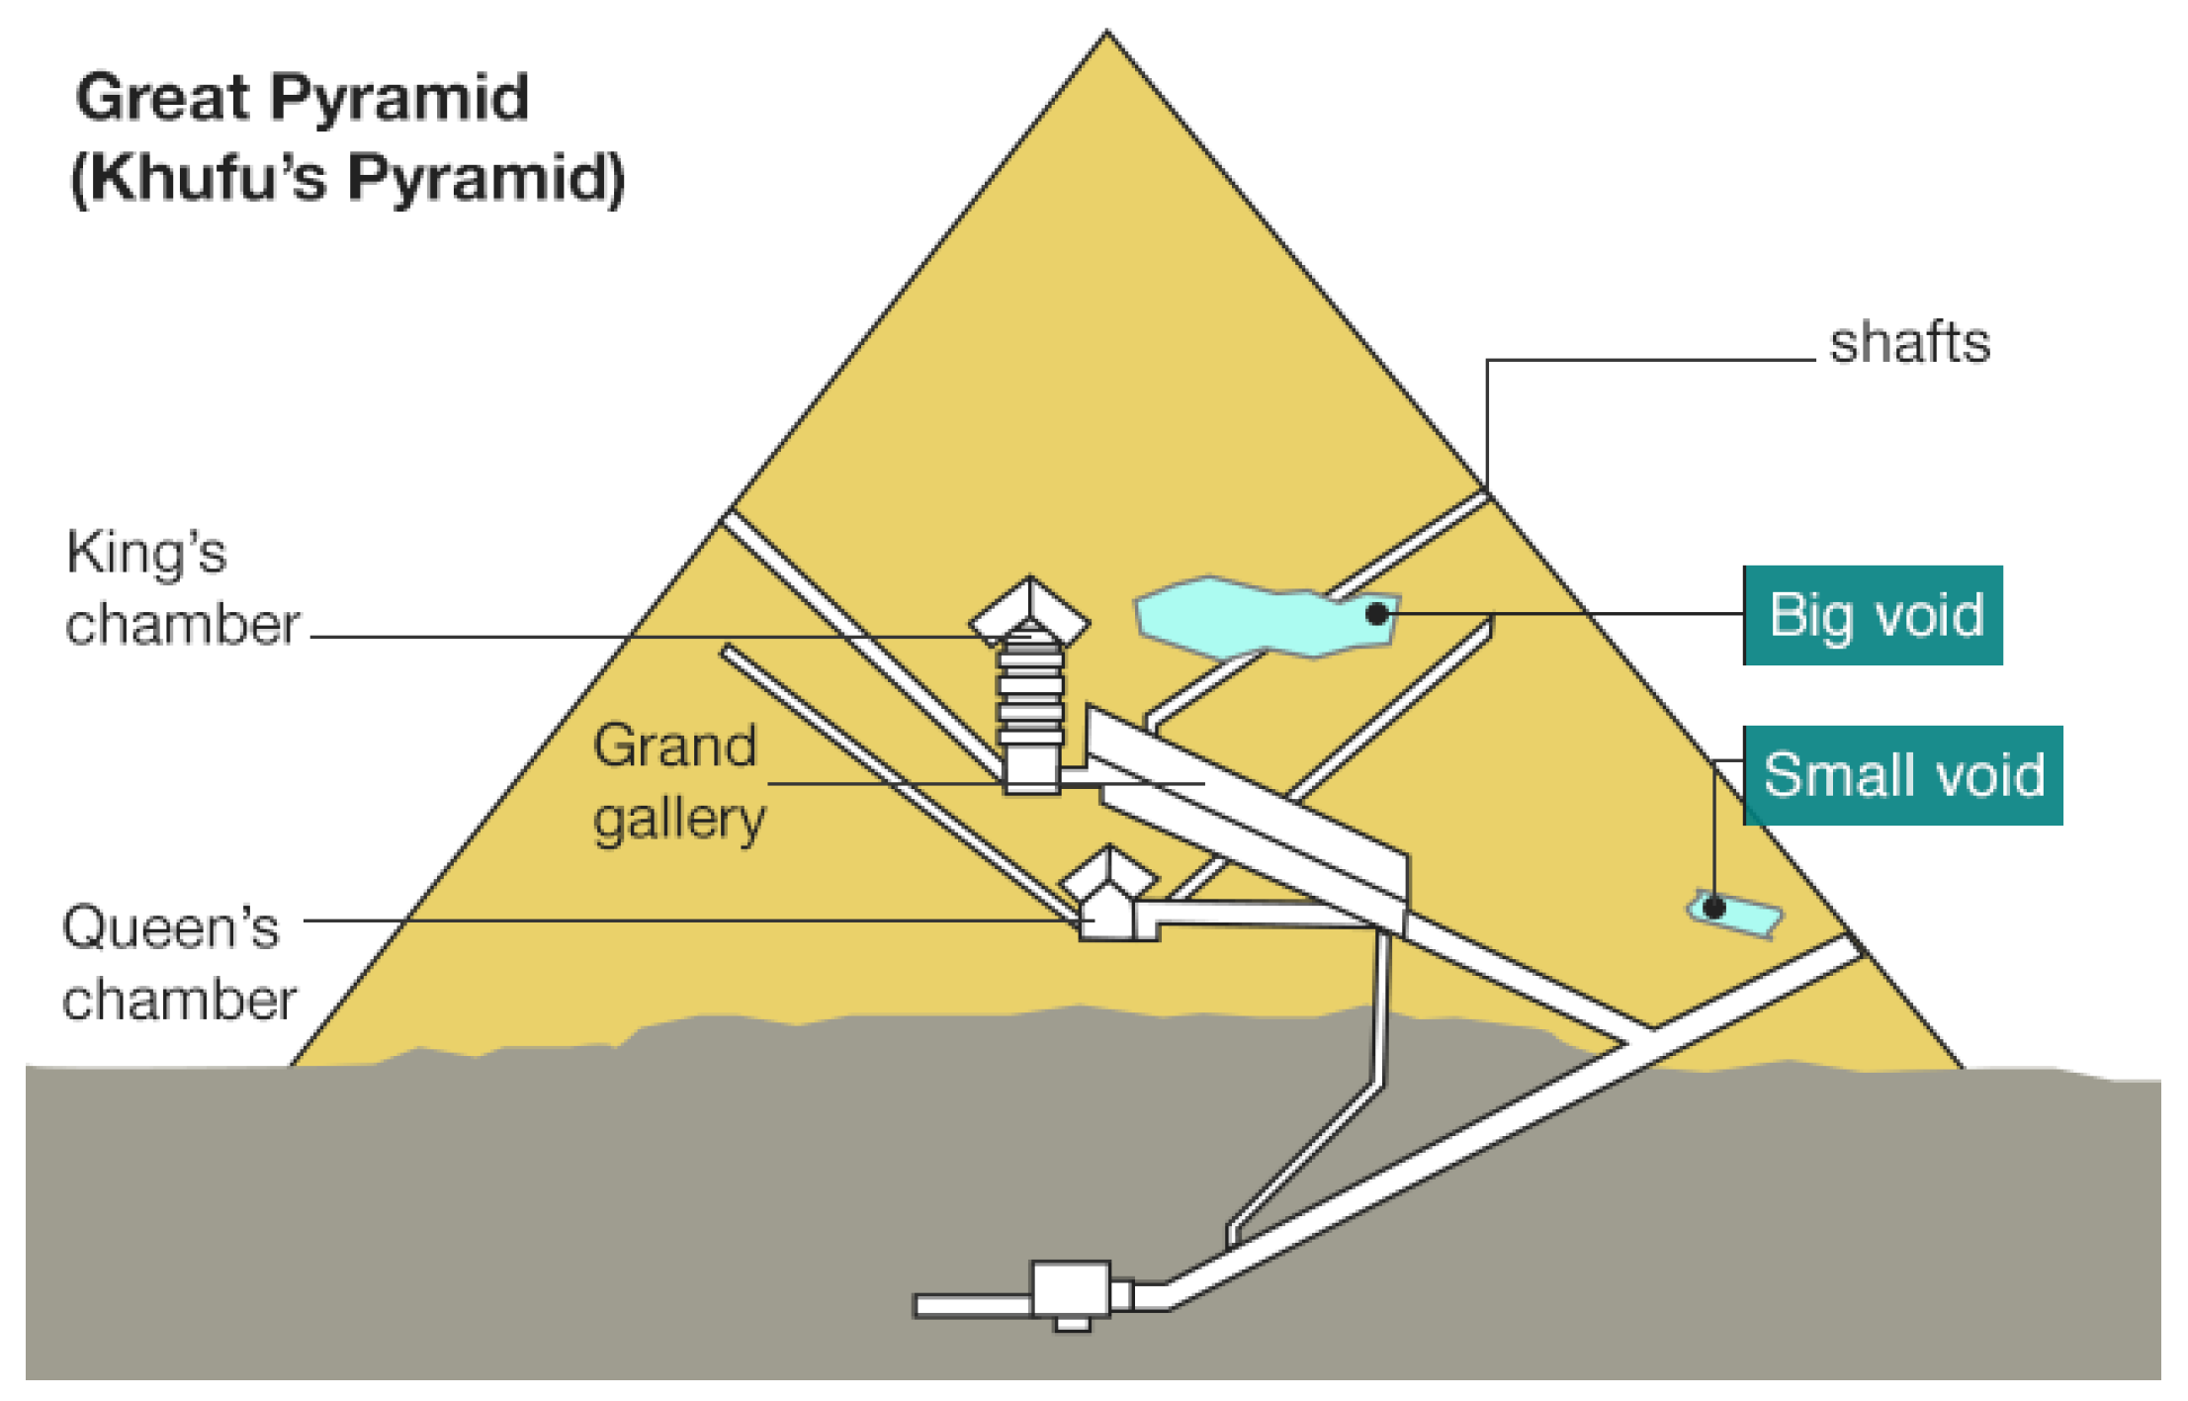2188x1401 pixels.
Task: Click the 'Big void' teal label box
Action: [1872, 615]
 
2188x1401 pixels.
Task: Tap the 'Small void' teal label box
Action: [1902, 775]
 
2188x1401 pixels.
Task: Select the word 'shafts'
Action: [1909, 343]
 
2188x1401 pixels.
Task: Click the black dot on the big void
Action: [1376, 614]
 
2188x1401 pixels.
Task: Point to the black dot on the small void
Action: [1714, 907]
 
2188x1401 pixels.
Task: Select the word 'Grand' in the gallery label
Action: [674, 745]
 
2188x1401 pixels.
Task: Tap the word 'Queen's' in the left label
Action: [170, 927]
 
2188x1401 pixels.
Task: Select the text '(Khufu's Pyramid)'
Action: [348, 178]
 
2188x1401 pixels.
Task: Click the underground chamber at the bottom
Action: [1070, 1289]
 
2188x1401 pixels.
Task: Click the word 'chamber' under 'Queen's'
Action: [179, 1001]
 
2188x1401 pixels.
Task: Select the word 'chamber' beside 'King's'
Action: [182, 625]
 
